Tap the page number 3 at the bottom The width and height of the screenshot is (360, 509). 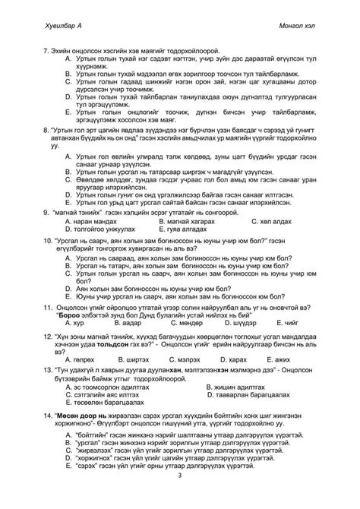(x=179, y=476)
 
